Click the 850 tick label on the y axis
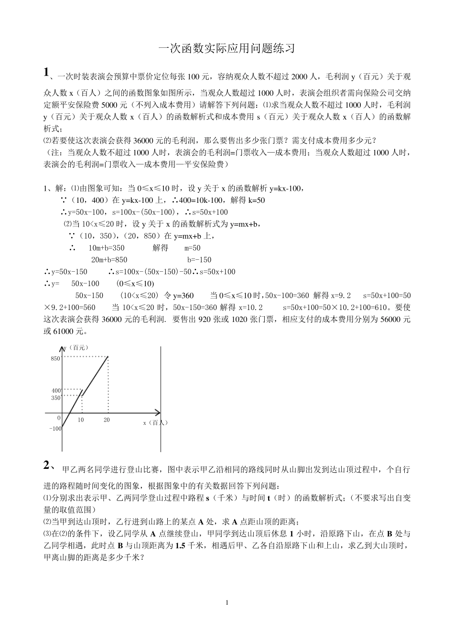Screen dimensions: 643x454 [x=55, y=358]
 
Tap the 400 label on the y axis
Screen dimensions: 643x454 [x=56, y=391]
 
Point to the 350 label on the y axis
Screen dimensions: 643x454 [x=56, y=398]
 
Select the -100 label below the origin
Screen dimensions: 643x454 [x=55, y=428]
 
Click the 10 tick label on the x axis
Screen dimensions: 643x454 [x=81, y=420]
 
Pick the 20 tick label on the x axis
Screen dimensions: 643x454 [x=107, y=420]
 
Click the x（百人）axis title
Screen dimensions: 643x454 [x=155, y=422]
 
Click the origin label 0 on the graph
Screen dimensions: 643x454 [x=59, y=418]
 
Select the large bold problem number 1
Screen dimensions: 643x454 [x=46, y=72]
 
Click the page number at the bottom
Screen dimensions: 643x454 [x=227, y=602]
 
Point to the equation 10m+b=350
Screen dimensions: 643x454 [x=106, y=248]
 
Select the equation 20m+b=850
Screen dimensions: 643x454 [x=109, y=260]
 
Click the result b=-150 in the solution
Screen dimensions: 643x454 [x=199, y=260]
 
